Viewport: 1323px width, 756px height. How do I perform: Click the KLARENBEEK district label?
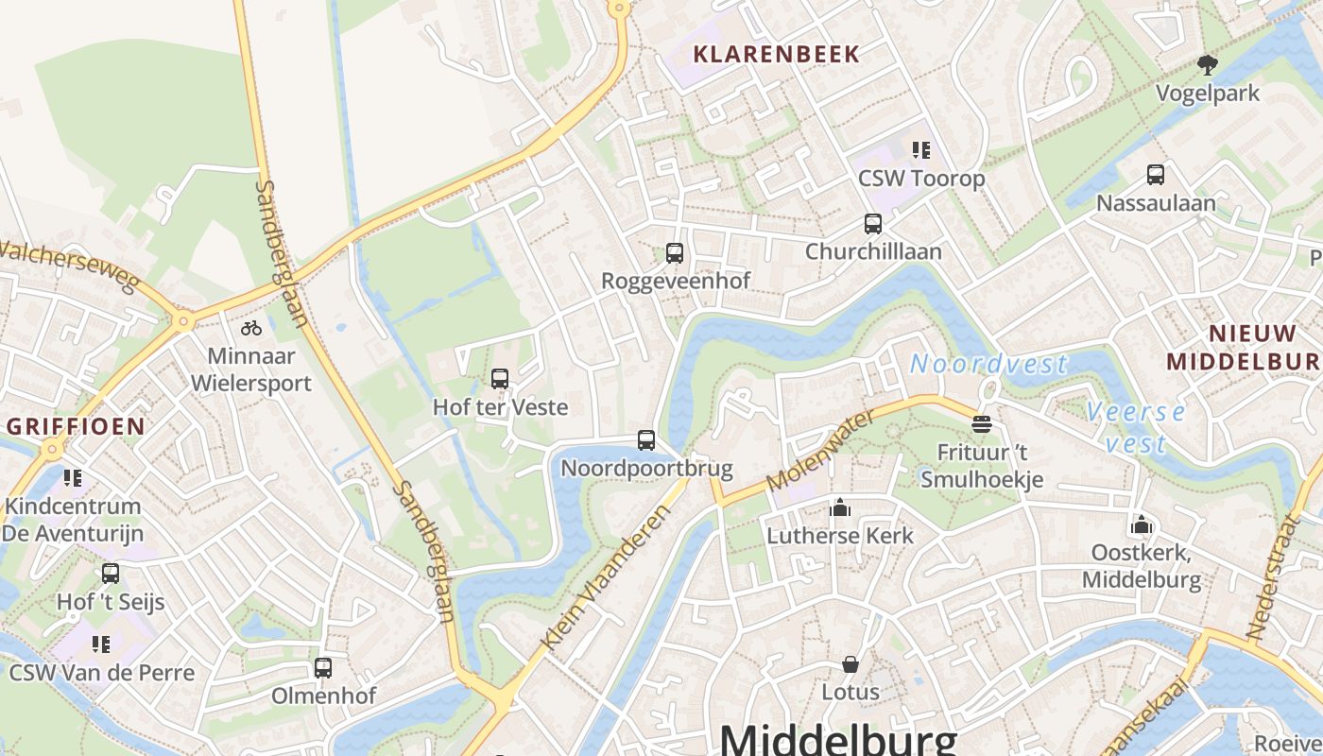point(777,54)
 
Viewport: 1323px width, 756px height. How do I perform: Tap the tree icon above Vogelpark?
point(1207,65)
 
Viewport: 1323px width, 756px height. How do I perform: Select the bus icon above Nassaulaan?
point(1155,175)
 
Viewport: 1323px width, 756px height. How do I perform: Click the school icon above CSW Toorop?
point(920,150)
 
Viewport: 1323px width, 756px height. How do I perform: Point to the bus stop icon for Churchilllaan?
point(873,224)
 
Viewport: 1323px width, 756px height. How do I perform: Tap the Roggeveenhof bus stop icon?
point(675,253)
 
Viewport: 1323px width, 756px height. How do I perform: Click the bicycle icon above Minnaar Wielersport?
point(250,328)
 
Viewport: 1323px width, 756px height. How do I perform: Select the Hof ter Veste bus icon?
point(500,379)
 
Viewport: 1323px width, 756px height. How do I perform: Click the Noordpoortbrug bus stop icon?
point(646,440)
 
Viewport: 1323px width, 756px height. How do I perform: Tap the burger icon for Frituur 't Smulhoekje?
point(982,423)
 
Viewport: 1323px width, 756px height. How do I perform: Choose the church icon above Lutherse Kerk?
point(840,508)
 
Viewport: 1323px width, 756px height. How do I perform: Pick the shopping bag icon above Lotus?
point(850,664)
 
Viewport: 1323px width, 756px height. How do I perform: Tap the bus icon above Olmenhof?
point(323,668)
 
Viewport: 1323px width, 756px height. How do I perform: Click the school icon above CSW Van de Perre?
point(101,645)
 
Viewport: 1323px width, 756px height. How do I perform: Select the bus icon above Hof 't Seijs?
point(111,574)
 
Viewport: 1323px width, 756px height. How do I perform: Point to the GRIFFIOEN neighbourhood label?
point(76,426)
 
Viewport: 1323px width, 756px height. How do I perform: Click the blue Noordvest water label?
point(988,364)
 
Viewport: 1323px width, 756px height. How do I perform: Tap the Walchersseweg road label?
point(68,266)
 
